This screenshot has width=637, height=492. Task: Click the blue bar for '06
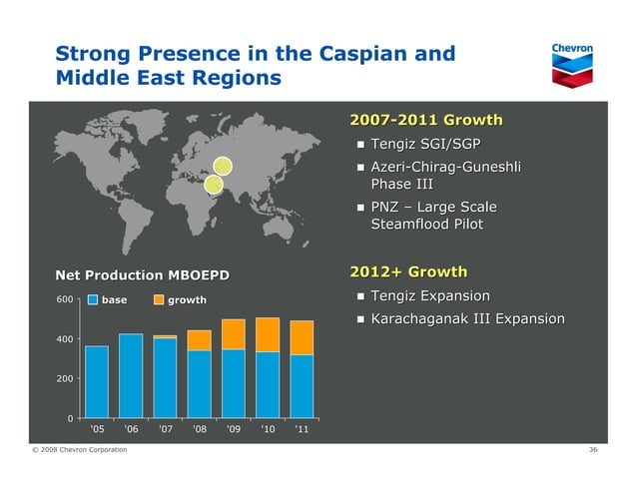click(x=131, y=375)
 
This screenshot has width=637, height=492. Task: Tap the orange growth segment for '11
click(x=302, y=337)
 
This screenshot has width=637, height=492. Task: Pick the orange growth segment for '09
click(x=234, y=334)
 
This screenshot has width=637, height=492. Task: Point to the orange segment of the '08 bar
click(x=200, y=340)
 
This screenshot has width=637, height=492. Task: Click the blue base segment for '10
click(x=268, y=384)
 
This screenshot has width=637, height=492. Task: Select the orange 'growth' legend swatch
click(x=159, y=300)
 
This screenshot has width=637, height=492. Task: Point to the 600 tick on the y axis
click(x=64, y=299)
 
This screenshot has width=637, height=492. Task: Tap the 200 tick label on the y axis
click(x=64, y=379)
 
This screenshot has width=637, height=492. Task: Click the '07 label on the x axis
click(x=165, y=431)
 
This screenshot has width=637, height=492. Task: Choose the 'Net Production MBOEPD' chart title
click(x=142, y=274)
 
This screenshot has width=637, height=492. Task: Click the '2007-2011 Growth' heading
click(x=425, y=122)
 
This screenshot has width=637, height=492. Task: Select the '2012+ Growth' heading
click(x=408, y=271)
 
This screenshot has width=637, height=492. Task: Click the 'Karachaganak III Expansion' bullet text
click(x=467, y=319)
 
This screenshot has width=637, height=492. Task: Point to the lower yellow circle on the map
click(x=213, y=184)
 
